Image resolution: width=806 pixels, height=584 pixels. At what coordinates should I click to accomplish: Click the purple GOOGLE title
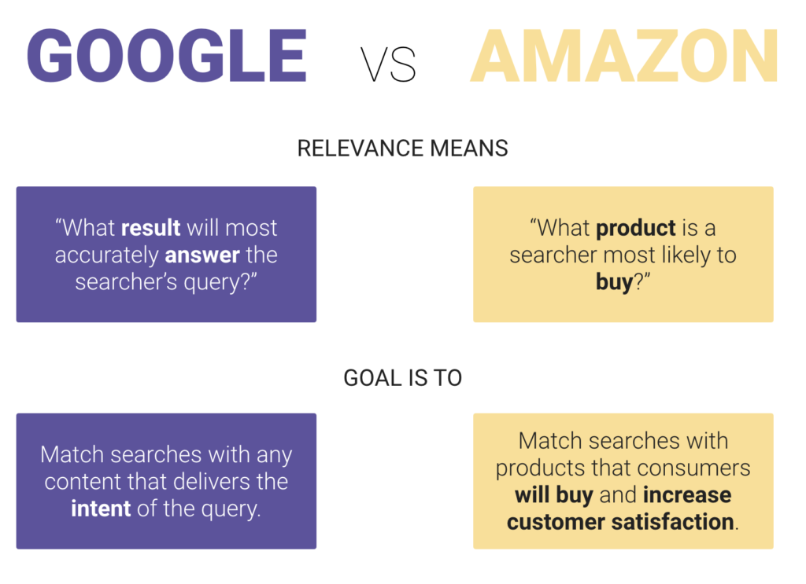coord(166,57)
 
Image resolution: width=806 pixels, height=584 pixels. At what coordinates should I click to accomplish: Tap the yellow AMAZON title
coord(624,57)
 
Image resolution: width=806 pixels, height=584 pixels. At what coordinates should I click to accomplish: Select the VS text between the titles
coord(388,65)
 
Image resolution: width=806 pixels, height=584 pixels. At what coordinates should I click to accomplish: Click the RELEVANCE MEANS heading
coord(402,149)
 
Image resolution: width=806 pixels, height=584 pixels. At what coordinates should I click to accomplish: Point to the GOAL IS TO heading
coord(402,377)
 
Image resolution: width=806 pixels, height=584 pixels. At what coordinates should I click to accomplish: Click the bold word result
coord(151,228)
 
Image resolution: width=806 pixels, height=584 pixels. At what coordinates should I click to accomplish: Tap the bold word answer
coord(202,255)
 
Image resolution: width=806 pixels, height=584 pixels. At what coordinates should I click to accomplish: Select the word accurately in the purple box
coord(106,255)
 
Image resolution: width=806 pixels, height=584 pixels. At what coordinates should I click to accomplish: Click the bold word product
coord(636,228)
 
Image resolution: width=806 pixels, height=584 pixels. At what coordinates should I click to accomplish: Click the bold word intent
coord(101,509)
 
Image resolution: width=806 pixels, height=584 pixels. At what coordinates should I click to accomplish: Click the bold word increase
coord(687,495)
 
